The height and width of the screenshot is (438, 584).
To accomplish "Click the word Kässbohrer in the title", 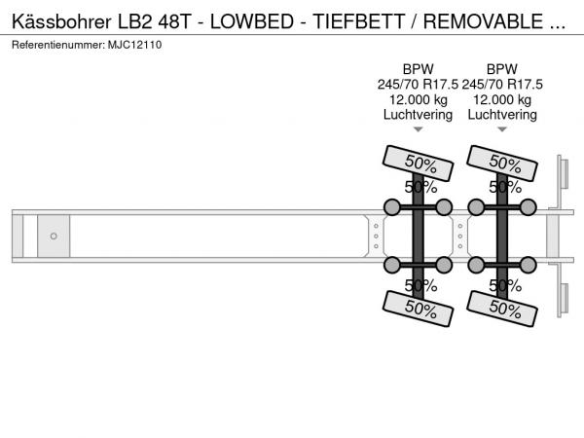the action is click(x=61, y=21).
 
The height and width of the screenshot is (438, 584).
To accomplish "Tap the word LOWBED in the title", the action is click(x=252, y=21).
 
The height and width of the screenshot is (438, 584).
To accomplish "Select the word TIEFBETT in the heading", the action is click(x=358, y=21).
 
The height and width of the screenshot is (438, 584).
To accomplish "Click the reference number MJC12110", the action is click(x=135, y=45).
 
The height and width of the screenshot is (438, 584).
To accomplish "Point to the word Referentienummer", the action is click(x=58, y=45).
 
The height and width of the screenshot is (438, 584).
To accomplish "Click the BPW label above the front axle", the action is click(x=418, y=69).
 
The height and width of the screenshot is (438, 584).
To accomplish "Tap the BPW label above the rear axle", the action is click(x=502, y=69).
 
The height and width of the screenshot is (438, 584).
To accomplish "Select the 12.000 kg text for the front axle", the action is click(x=418, y=100).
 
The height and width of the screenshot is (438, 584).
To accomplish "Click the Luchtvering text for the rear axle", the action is click(x=502, y=115).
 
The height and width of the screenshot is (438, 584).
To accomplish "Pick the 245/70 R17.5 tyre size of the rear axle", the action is click(x=502, y=85).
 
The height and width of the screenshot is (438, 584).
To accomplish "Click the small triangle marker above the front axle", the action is click(x=419, y=129).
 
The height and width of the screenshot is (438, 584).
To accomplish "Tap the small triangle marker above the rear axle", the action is click(x=502, y=129).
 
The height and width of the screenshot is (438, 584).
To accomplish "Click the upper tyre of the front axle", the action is click(x=418, y=164).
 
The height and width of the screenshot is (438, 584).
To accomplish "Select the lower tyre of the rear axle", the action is click(x=502, y=309).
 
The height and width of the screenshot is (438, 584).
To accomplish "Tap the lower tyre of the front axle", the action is click(x=418, y=309).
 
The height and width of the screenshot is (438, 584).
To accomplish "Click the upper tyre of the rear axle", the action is click(x=502, y=164).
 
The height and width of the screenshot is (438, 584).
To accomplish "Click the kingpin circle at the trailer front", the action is click(x=54, y=237).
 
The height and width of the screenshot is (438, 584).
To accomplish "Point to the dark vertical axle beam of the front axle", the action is click(x=418, y=236).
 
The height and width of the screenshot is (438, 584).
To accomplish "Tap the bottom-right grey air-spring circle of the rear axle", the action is click(x=529, y=265).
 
